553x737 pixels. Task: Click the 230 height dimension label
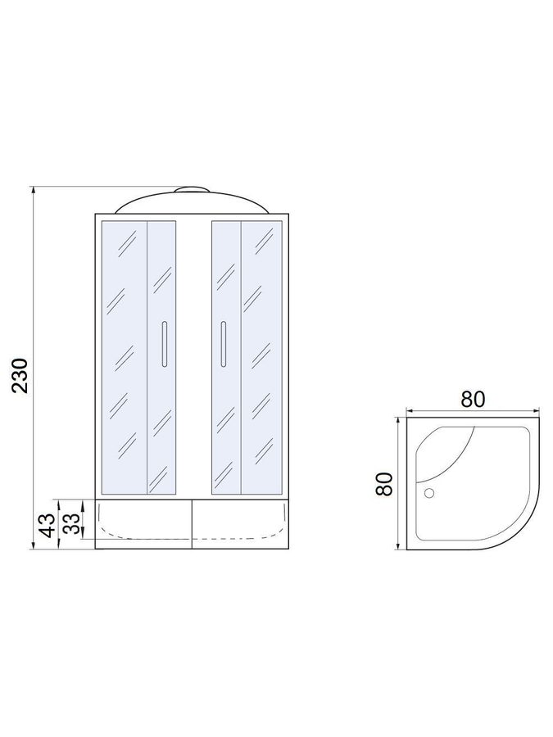coord(21,376)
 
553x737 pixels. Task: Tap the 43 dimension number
coord(48,525)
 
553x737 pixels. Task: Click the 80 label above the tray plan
coord(472,399)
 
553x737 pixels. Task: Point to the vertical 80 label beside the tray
coord(384,484)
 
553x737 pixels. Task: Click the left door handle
coord(164,344)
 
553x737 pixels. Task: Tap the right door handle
coord(224,344)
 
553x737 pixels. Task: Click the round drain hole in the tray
coord(428,493)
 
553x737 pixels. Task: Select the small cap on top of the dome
coord(191,189)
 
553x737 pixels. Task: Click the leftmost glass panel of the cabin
coord(125,357)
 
